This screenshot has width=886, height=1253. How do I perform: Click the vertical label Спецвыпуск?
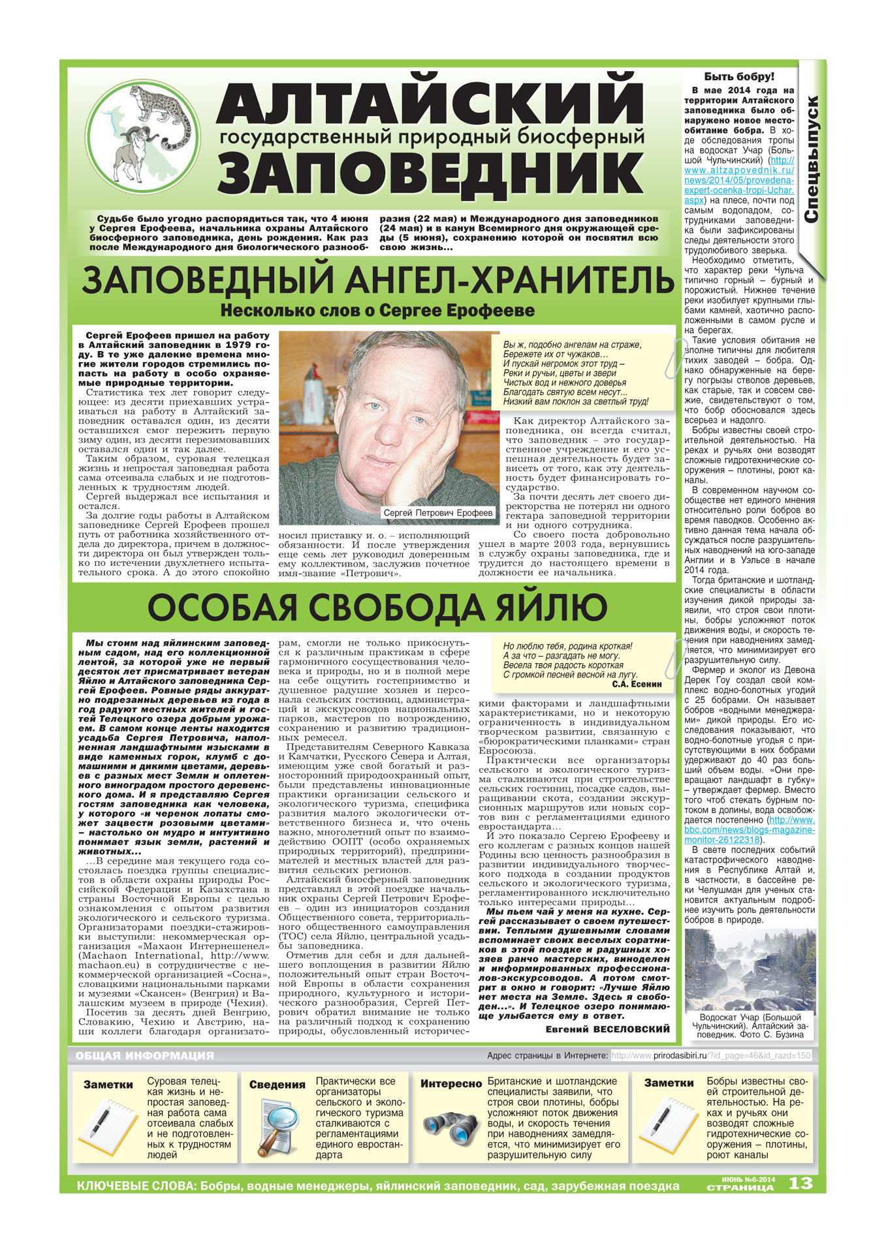click(812, 160)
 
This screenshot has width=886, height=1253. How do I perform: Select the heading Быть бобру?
click(739, 77)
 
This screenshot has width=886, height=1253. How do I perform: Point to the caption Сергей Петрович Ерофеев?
click(438, 513)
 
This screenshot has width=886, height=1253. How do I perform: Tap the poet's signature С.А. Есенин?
click(637, 685)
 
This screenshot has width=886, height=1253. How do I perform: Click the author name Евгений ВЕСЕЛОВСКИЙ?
click(607, 1029)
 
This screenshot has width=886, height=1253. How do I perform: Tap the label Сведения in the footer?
click(277, 1085)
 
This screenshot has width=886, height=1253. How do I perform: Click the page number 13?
click(800, 1183)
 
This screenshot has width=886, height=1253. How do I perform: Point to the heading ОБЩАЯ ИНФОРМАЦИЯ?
click(144, 1055)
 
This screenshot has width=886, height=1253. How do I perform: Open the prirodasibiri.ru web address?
click(711, 1055)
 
